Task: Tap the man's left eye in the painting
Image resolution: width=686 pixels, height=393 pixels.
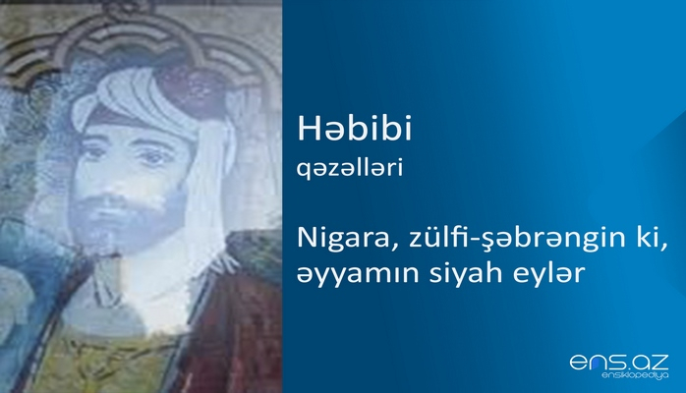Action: coord(157,154)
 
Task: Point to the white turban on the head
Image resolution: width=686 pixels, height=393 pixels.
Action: coord(147,93)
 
